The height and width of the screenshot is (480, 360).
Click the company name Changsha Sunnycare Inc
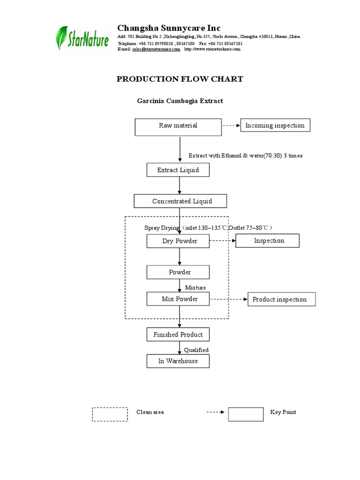(x=168, y=28)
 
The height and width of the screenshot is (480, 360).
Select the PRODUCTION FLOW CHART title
(x=180, y=79)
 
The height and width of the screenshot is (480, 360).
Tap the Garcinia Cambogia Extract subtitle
(x=180, y=101)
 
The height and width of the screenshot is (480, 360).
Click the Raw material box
(x=178, y=126)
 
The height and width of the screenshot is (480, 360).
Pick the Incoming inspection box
(x=275, y=126)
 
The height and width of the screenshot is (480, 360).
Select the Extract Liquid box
(x=178, y=170)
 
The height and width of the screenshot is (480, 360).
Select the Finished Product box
(x=178, y=335)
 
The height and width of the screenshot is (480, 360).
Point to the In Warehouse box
(x=178, y=361)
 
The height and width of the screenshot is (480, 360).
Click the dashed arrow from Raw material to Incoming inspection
(x=231, y=126)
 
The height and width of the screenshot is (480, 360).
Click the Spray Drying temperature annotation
(x=208, y=228)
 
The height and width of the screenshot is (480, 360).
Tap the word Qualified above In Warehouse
(x=196, y=350)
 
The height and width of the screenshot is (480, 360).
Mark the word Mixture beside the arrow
(x=195, y=287)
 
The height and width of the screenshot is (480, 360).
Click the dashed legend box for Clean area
(x=110, y=414)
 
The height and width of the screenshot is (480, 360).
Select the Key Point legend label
(x=283, y=412)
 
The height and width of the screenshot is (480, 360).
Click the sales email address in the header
(x=156, y=49)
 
